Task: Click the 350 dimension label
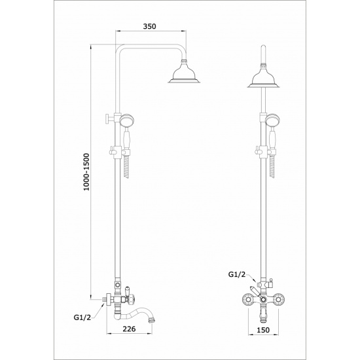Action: pos(149,26)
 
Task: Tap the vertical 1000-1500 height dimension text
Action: pos(86,172)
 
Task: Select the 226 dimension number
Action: pos(129,329)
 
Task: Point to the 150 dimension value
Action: pos(263,330)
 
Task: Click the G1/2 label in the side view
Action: pos(82,317)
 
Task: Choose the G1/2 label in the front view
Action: pos(237,274)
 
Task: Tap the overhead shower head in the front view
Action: pos(264,77)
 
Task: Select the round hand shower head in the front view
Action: pos(273,121)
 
